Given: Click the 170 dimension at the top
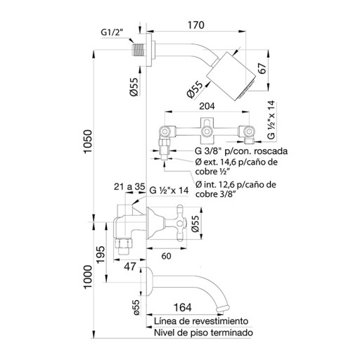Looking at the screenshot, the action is (x=196, y=25).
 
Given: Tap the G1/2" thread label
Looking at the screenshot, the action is (x=112, y=32).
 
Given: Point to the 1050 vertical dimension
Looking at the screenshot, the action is (x=89, y=141).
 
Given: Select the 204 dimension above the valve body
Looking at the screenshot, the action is (x=207, y=106).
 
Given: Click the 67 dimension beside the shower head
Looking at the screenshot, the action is (x=262, y=68).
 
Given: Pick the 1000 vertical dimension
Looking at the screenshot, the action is (x=88, y=277).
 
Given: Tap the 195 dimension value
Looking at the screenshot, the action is (x=101, y=255).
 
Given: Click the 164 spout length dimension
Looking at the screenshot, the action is (x=182, y=307).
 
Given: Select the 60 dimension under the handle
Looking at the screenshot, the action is (x=166, y=256).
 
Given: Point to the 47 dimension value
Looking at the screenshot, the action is (x=130, y=266).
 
